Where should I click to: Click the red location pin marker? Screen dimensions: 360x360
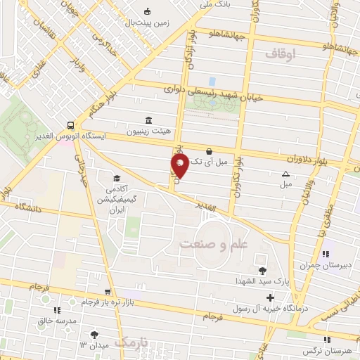pyautogui.click(x=180, y=165)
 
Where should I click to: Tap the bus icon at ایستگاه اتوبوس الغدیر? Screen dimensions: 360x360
pyautogui.click(x=70, y=123)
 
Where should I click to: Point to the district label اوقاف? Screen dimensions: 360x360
pyautogui.click(x=283, y=53)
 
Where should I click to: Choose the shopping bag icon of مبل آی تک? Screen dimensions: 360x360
pyautogui.click(x=209, y=150)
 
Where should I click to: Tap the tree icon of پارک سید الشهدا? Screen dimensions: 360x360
pyautogui.click(x=262, y=270)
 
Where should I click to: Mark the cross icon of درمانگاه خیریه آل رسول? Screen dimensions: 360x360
pyautogui.click(x=269, y=298)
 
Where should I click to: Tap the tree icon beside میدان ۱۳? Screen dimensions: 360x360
pyautogui.click(x=94, y=334)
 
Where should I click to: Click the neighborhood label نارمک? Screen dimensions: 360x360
pyautogui.click(x=132, y=342)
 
